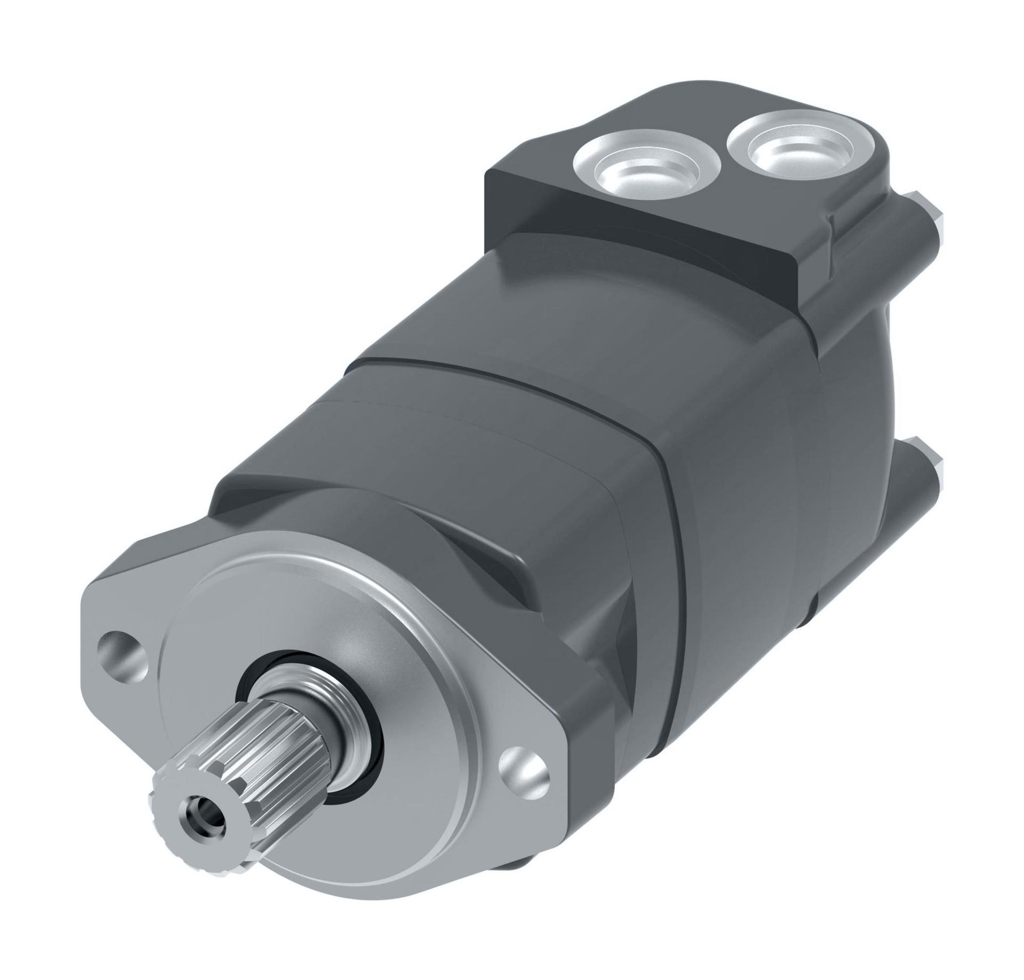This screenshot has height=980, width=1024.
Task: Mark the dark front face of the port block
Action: pos(629,234)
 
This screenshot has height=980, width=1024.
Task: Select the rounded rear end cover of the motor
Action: pos(832,426)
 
